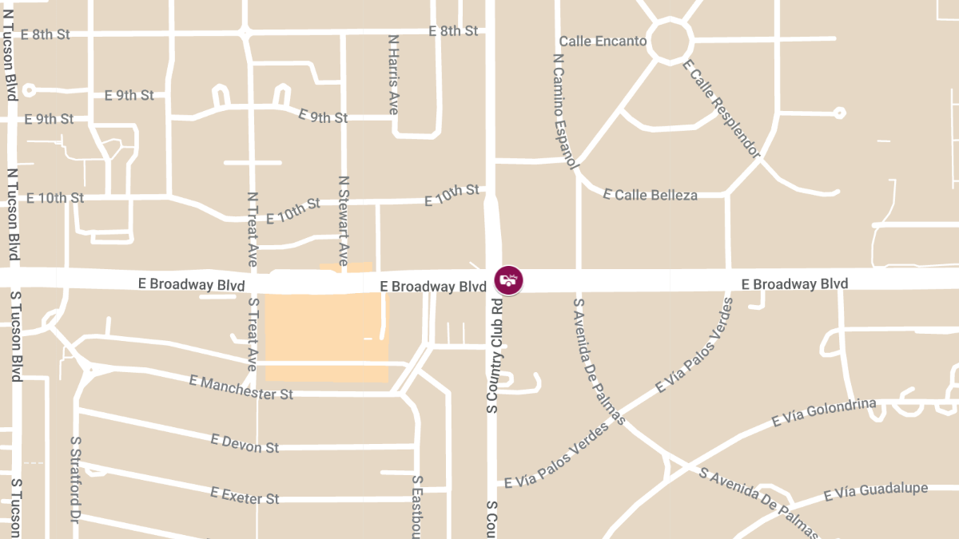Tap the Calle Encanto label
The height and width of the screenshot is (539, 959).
(x=603, y=41)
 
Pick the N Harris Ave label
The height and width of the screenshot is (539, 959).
(x=393, y=74)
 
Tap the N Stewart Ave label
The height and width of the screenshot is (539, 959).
(x=344, y=220)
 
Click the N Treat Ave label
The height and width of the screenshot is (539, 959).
(x=253, y=229)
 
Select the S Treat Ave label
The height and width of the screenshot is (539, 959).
(x=253, y=334)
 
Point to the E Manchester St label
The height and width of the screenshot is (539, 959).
(x=241, y=388)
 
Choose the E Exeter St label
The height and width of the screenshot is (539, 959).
(x=245, y=496)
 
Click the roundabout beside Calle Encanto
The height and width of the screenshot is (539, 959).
(x=670, y=40)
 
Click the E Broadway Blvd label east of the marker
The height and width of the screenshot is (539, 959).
(x=794, y=283)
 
